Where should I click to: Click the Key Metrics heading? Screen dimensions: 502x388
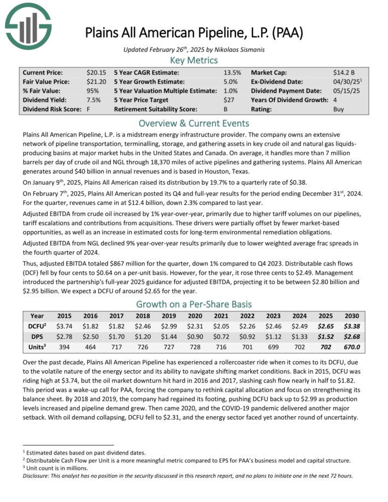click(193, 60)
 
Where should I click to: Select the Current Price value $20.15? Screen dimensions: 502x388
click(96, 73)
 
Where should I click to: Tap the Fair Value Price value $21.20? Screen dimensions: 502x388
click(96, 82)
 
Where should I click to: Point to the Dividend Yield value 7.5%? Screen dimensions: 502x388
click(93, 100)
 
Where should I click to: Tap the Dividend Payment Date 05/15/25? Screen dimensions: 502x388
click(345, 91)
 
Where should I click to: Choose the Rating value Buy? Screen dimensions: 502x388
click(339, 109)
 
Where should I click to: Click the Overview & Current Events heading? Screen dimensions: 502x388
click(193, 123)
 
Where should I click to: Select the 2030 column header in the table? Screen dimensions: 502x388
click(351, 316)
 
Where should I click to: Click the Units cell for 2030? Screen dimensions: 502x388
click(351, 346)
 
